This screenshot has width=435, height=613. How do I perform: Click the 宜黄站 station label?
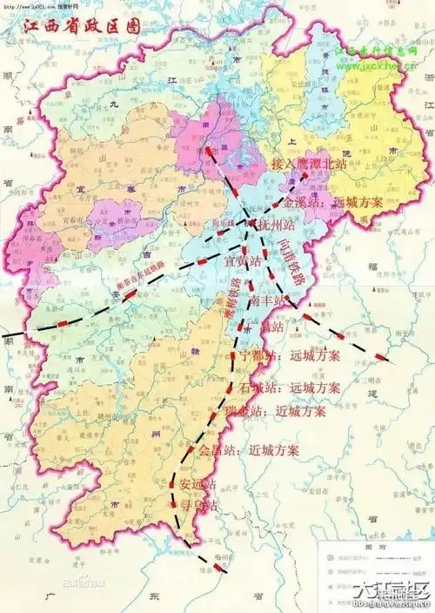click(244, 259)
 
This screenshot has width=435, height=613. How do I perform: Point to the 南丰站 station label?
click(267, 300)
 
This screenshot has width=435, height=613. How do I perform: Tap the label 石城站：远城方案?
click(291, 387)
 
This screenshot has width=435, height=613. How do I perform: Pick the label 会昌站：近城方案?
click(249, 451)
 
